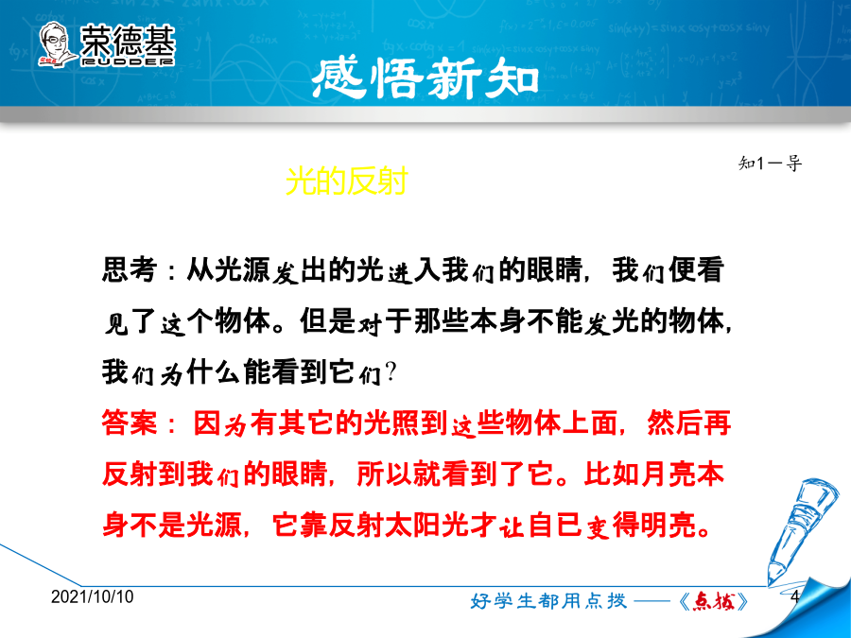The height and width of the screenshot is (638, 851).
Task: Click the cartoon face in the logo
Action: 57,44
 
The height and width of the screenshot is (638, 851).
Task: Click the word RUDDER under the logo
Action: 128,61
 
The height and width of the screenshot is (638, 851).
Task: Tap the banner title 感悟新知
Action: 425,79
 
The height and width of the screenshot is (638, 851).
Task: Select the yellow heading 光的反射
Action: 346,181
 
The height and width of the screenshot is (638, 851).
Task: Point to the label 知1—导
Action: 770,163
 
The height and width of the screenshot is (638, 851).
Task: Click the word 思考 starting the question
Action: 130,269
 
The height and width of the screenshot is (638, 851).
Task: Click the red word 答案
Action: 130,422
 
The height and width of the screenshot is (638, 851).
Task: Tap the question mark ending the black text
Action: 391,372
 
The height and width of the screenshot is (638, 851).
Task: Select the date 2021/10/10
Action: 93,596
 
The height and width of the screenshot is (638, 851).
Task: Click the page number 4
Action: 795,596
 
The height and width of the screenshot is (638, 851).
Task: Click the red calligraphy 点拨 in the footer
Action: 714,600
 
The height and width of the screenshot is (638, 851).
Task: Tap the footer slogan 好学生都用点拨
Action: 548,600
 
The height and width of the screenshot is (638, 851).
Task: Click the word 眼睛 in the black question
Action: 554,269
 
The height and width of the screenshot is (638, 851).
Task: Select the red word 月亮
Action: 669,474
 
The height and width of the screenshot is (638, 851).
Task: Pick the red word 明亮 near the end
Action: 669,525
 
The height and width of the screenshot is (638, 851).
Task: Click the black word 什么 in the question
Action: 215,372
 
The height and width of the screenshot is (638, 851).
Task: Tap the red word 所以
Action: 385,474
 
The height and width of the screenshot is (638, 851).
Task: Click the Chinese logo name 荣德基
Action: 128,40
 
